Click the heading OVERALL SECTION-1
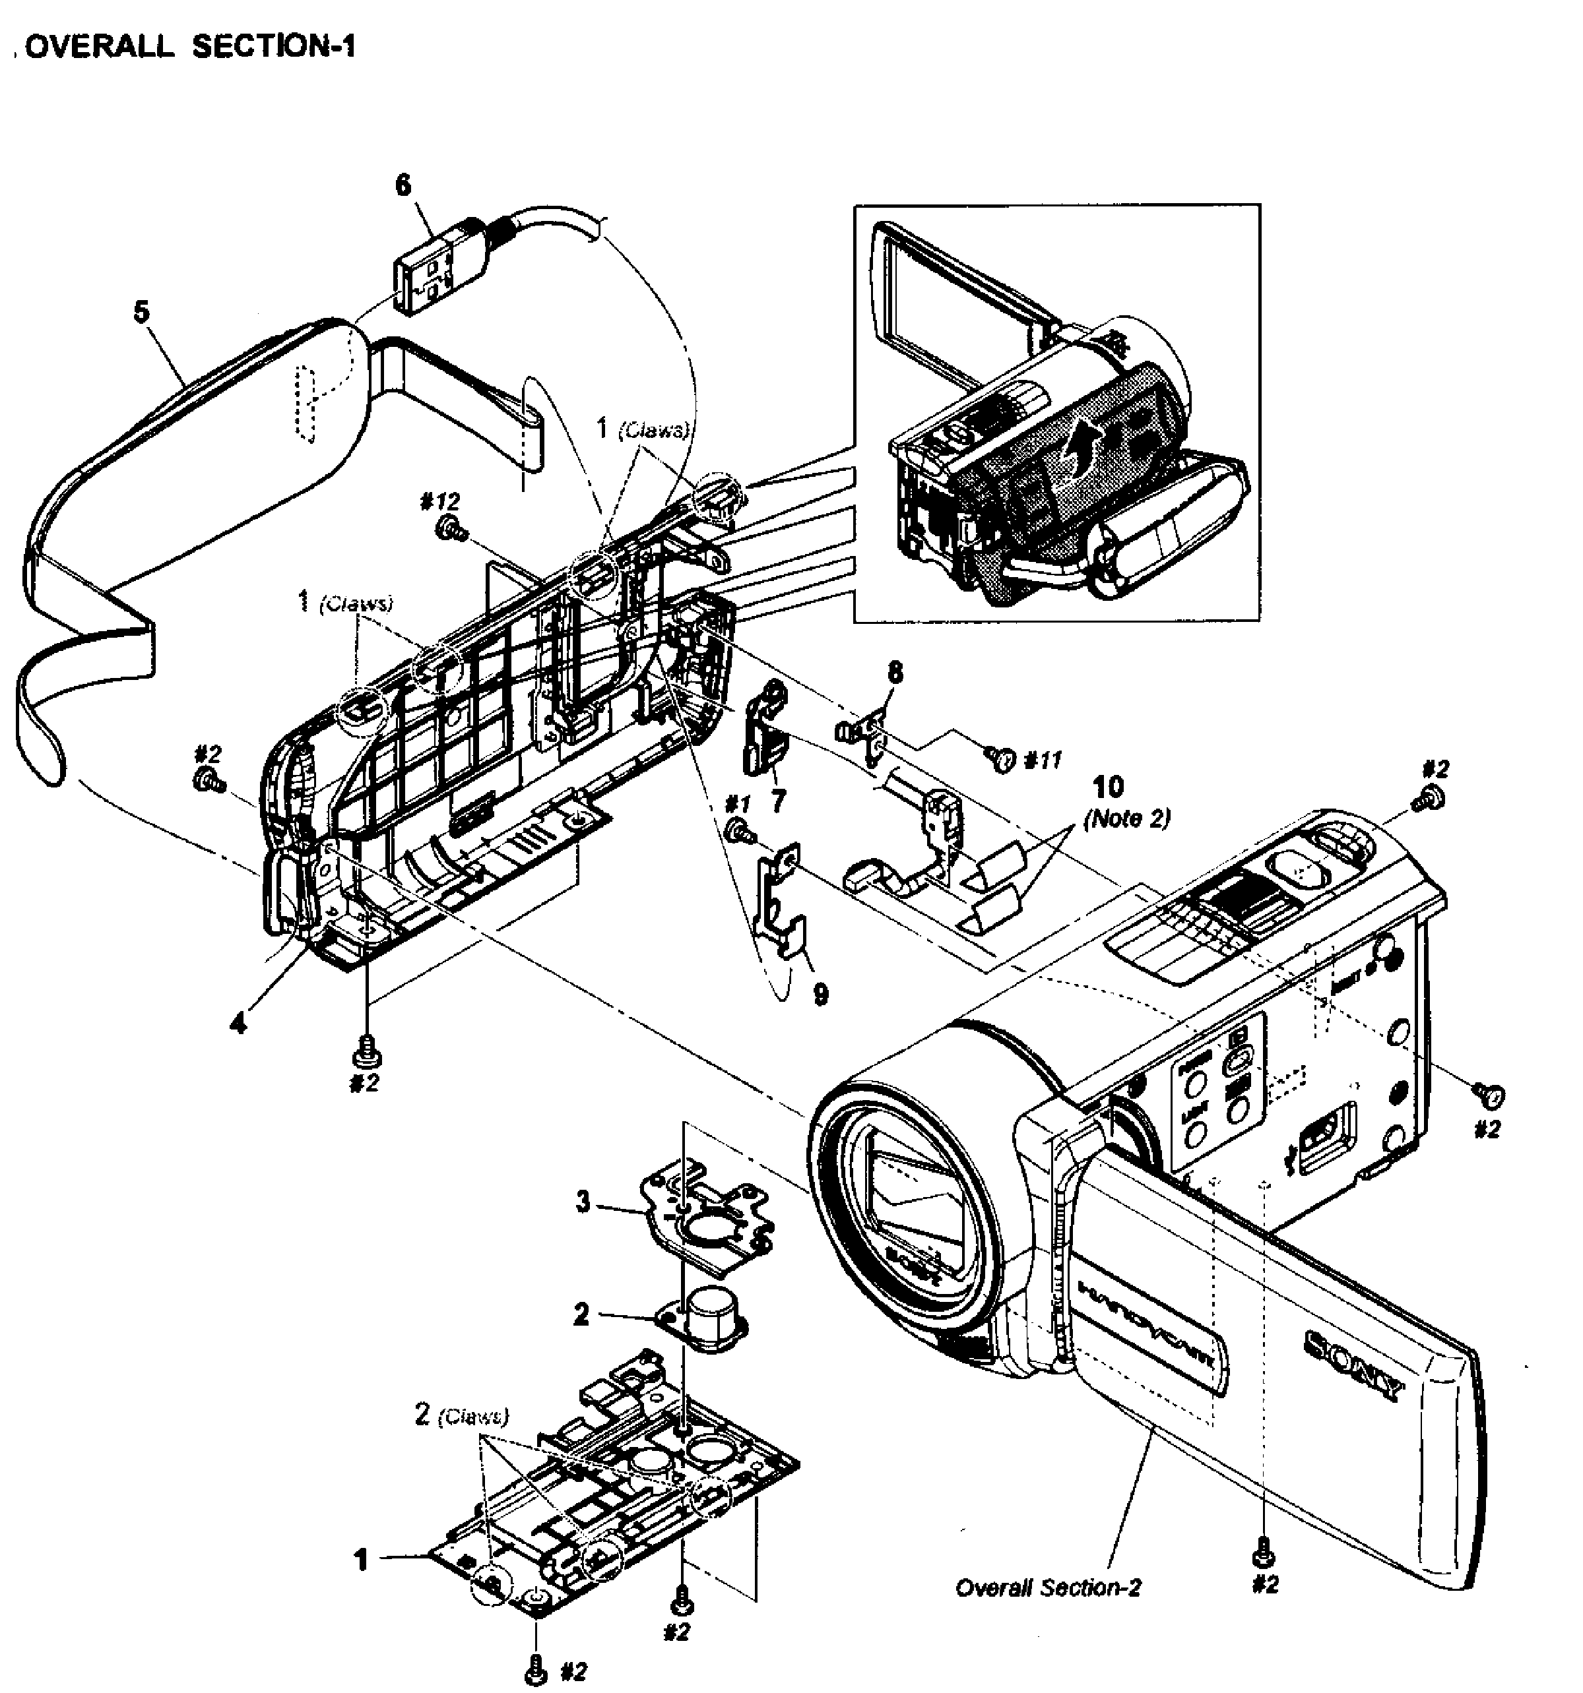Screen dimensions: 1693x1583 [x=189, y=46]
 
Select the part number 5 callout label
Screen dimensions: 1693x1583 [x=141, y=312]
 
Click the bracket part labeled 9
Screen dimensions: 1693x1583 [x=779, y=903]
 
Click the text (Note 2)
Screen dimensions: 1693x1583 [x=1126, y=818]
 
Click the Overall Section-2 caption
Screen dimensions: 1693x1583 [x=1047, y=1587]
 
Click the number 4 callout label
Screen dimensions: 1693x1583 [x=239, y=1023]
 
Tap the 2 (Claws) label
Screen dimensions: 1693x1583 [x=461, y=1415]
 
